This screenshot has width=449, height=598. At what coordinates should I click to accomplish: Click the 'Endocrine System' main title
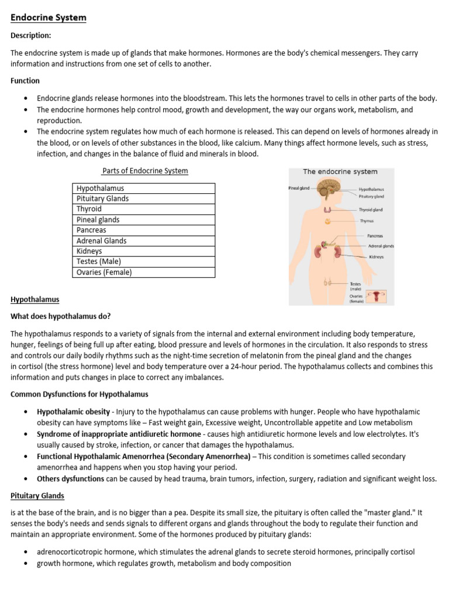pyautogui.click(x=49, y=18)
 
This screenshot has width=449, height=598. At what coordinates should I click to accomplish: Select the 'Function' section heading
pyautogui.click(x=25, y=81)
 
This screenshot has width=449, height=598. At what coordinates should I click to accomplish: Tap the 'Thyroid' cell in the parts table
pyautogui.click(x=89, y=209)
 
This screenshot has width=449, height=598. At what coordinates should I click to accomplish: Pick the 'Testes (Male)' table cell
pyautogui.click(x=99, y=262)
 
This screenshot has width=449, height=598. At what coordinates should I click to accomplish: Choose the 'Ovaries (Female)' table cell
pyautogui.click(x=104, y=272)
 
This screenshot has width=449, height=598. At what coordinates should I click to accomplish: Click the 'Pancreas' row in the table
pyautogui.click(x=91, y=230)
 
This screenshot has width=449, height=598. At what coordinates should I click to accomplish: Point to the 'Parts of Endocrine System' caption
pyautogui.click(x=145, y=171)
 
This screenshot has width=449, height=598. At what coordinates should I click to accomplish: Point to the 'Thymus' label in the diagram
pyautogui.click(x=367, y=221)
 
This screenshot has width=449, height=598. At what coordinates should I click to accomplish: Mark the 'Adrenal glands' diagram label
pyautogui.click(x=381, y=246)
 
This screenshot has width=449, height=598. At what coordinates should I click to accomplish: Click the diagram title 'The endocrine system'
pyautogui.click(x=340, y=172)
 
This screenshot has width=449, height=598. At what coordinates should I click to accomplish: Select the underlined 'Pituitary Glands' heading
pyautogui.click(x=37, y=496)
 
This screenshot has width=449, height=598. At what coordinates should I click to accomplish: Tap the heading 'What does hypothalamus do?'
pyautogui.click(x=61, y=317)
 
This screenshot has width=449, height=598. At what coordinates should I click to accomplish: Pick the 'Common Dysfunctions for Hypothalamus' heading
pyautogui.click(x=80, y=394)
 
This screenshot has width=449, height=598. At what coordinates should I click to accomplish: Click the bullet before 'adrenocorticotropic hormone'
pyautogui.click(x=26, y=552)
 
